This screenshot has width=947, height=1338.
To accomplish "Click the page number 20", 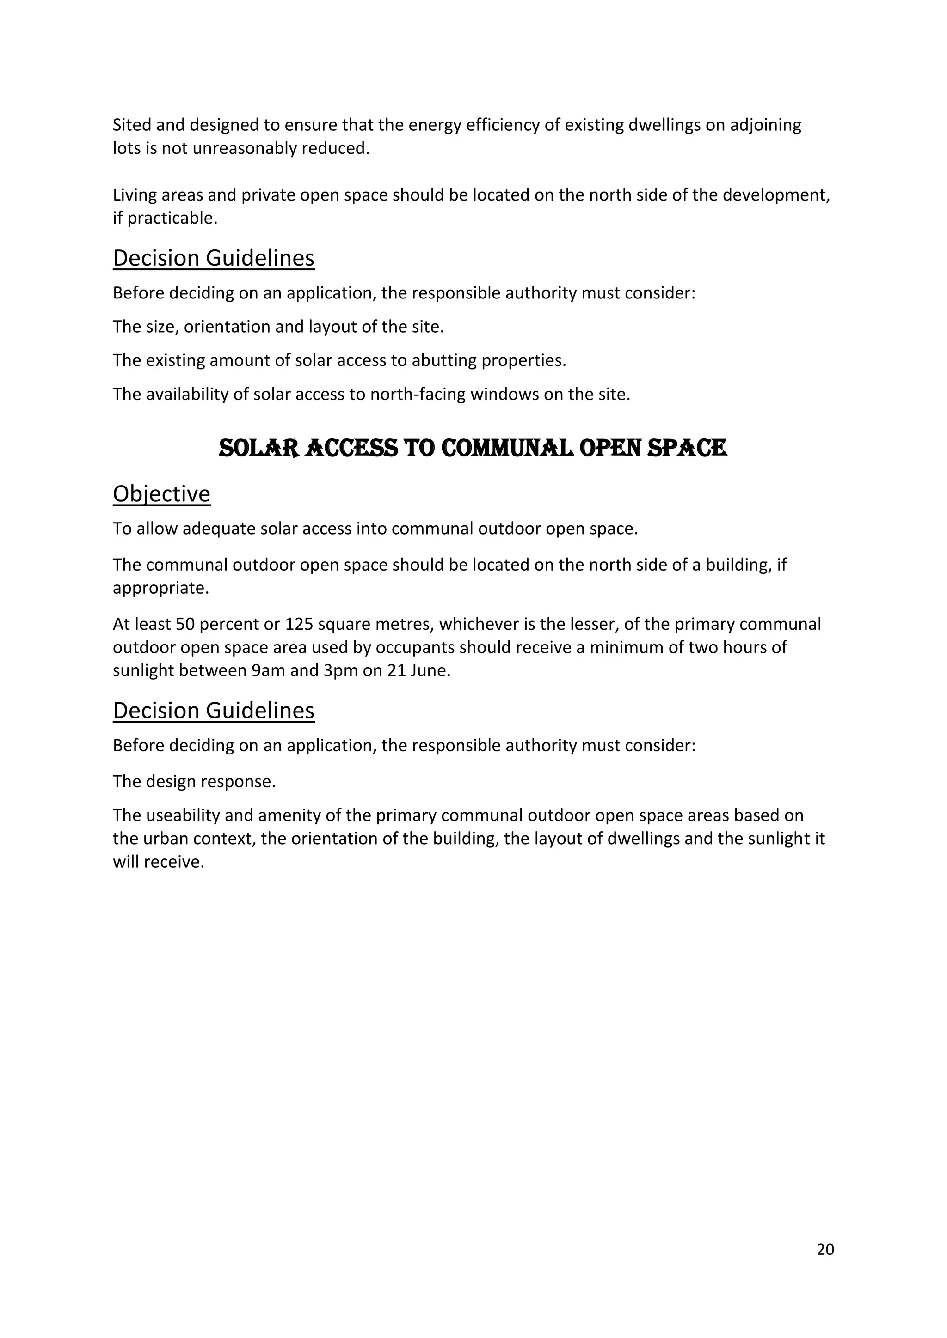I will tap(825, 1249).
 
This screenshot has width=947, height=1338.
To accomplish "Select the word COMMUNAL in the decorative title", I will tap(507, 448).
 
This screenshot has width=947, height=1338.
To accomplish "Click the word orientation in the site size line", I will tap(227, 327).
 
